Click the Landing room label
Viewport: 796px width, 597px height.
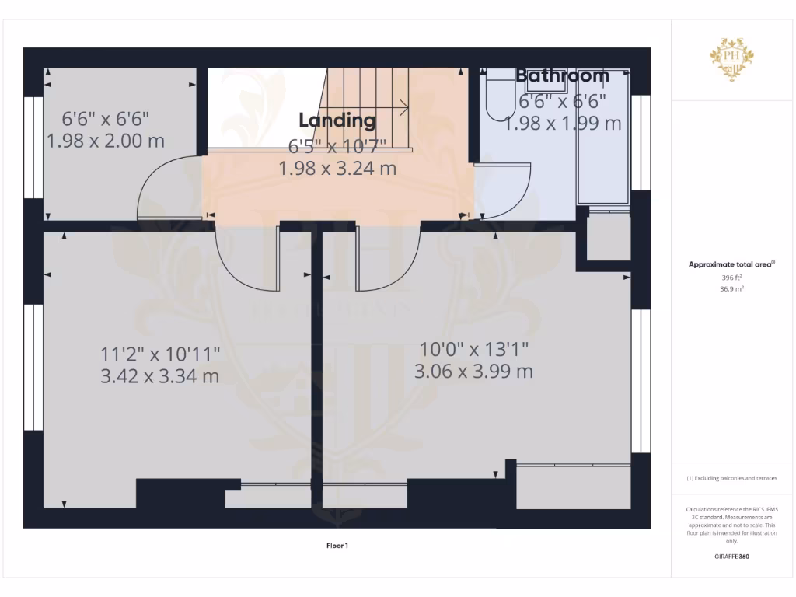click(337, 120)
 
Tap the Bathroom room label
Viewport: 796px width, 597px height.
click(562, 75)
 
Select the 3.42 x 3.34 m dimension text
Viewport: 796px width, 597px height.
click(159, 376)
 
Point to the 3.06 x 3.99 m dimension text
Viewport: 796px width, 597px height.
click(473, 371)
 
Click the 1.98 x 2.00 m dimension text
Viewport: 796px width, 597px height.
click(106, 141)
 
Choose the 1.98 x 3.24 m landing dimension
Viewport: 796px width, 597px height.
click(337, 167)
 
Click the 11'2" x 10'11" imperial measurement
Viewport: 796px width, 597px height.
click(160, 354)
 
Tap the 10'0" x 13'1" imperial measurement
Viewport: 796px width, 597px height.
click(474, 348)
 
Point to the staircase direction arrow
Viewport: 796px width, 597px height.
click(403, 107)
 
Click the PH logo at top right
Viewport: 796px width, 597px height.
click(731, 59)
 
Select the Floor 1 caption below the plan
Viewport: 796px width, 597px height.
click(337, 546)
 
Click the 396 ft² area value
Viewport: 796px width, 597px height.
click(731, 277)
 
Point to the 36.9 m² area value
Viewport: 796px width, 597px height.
click(731, 288)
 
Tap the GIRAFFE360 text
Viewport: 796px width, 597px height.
click(731, 557)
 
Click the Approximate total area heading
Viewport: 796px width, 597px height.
click(731, 264)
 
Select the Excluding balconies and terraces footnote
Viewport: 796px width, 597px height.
click(731, 478)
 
